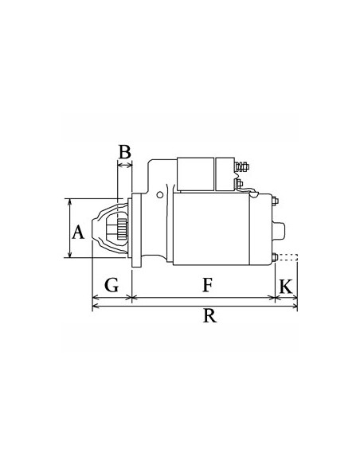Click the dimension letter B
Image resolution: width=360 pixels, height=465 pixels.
(x=124, y=151)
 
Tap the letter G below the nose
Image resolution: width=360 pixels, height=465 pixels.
(x=112, y=283)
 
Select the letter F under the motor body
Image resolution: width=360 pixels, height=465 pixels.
(x=207, y=283)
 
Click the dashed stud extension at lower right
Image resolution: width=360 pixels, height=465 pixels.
(x=291, y=256)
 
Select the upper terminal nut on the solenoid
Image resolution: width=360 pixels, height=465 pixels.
(x=243, y=168)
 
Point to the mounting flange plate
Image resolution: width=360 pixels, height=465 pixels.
(x=136, y=230)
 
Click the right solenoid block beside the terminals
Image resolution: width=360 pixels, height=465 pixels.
(x=225, y=173)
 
